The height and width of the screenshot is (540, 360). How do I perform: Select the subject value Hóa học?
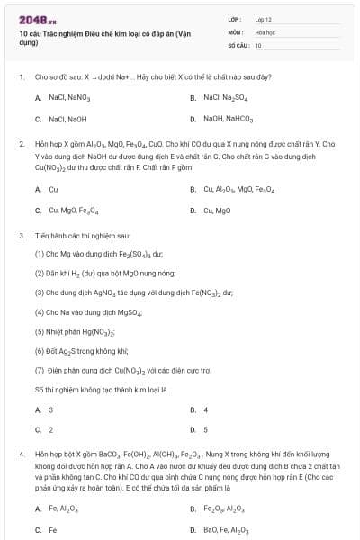[265, 31]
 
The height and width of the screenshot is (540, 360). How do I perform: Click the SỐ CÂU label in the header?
[238, 44]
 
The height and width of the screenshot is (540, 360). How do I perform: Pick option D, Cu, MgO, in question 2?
[217, 211]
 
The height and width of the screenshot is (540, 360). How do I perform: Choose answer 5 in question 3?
[205, 429]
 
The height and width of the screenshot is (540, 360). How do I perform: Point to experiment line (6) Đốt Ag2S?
[81, 350]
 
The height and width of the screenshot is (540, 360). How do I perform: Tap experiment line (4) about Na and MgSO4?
[90, 311]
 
